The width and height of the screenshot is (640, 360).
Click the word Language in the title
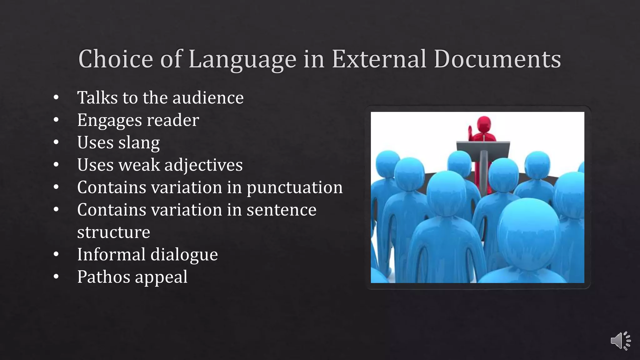[242, 59]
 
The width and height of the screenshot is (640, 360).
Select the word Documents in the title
[497, 59]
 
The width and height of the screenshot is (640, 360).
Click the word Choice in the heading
[116, 59]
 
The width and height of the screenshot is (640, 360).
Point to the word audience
[208, 97]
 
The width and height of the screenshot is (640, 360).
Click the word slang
[139, 143]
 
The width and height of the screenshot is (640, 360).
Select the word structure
[113, 232]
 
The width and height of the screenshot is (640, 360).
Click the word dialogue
[184, 254]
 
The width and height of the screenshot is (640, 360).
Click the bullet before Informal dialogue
[56, 254]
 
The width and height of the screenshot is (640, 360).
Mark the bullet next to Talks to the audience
[56, 97]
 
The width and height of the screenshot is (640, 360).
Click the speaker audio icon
[620, 341]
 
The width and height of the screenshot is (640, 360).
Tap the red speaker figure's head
[484, 124]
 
